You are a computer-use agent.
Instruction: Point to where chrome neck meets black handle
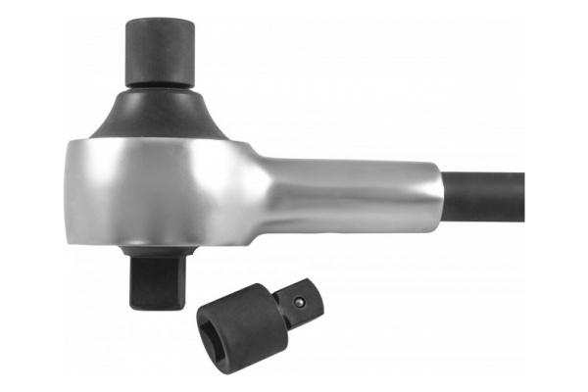441,195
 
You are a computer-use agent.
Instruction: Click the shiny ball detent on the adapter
295,303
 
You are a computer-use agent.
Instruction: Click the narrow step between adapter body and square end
278,298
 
